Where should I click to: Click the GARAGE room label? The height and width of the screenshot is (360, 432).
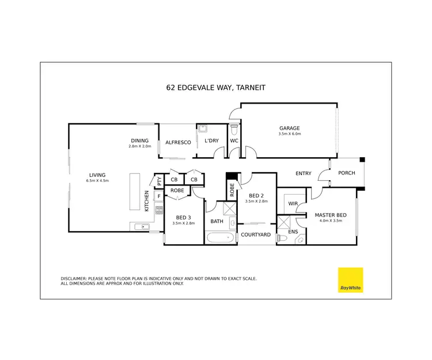(x=290, y=128)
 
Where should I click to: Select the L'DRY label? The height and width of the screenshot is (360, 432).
(x=211, y=141)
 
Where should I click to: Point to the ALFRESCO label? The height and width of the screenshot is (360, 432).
(x=178, y=142)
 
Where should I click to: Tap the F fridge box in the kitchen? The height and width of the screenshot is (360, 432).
(x=158, y=196)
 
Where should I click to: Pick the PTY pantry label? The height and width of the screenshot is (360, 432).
(x=159, y=181)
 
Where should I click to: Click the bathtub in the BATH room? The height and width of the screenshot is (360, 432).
(x=219, y=237)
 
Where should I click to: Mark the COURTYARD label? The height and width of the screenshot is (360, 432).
(x=255, y=234)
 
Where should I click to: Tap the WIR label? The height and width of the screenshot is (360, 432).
(x=293, y=203)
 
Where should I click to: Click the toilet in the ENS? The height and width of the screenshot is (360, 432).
(x=282, y=238)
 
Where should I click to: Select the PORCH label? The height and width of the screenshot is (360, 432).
(x=346, y=173)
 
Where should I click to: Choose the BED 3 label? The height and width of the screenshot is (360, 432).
(x=184, y=217)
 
